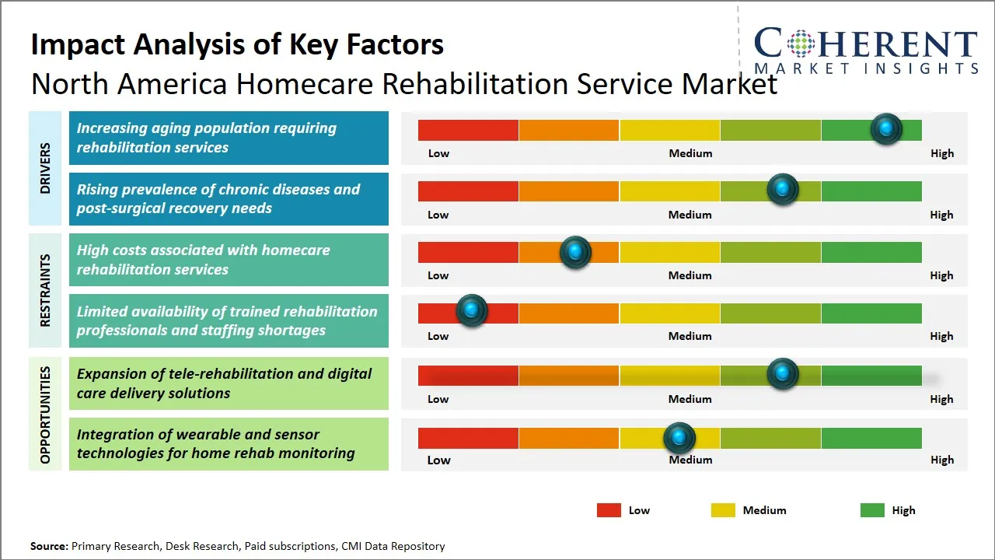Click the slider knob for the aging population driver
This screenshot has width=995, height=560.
(x=885, y=128)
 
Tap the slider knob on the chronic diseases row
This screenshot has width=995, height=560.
(x=782, y=189)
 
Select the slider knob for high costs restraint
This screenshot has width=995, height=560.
(x=575, y=251)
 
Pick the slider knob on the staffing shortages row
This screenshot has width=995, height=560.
(x=471, y=311)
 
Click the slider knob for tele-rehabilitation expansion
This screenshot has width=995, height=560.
(x=782, y=373)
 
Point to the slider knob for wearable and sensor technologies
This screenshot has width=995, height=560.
(x=679, y=438)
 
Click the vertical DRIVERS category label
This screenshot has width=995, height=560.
(x=45, y=168)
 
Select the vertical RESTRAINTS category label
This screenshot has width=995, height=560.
(x=45, y=290)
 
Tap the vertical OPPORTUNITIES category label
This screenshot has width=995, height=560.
(x=45, y=415)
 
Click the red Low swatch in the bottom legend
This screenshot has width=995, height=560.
(x=609, y=510)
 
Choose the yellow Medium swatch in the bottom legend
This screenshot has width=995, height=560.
(x=723, y=510)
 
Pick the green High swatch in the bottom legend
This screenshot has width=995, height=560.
(x=872, y=510)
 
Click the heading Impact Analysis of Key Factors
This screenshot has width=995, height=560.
(x=237, y=44)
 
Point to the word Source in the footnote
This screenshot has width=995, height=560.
(x=48, y=546)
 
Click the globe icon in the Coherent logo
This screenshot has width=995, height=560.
(x=801, y=44)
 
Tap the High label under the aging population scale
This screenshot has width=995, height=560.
(x=941, y=153)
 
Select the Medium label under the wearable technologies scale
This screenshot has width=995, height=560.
(x=690, y=460)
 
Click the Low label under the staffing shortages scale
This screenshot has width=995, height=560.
(x=438, y=336)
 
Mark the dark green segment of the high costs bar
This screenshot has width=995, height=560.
(x=871, y=252)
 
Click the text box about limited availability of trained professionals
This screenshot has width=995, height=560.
(x=229, y=320)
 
